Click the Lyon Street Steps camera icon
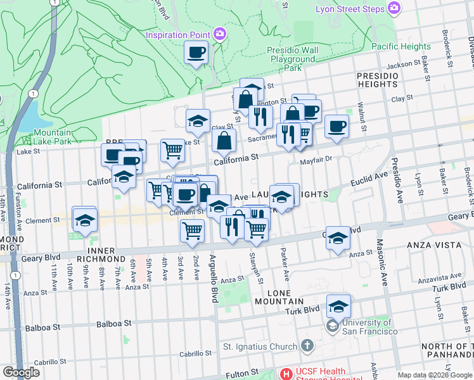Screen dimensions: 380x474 pyautogui.click(x=394, y=8)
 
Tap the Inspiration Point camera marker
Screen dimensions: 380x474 pyautogui.click(x=220, y=34)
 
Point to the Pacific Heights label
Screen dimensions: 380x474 pyautogui.click(x=400, y=46)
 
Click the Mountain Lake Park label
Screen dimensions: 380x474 pyautogui.click(x=53, y=137)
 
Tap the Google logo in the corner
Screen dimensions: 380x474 pyautogui.click(x=21, y=372)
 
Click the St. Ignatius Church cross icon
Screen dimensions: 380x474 pyautogui.click(x=307, y=346)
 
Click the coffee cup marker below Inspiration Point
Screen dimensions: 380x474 pyautogui.click(x=196, y=52)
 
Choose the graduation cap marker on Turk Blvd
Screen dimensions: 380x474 pyautogui.click(x=339, y=307)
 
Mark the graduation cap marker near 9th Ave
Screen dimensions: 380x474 pyautogui.click(x=84, y=218)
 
